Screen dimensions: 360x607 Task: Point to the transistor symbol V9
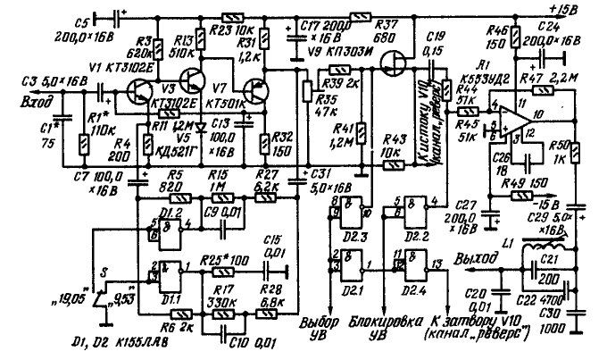pos(392,62)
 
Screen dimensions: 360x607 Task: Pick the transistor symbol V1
pos(137,90)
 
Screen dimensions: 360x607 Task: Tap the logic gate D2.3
pos(349,210)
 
